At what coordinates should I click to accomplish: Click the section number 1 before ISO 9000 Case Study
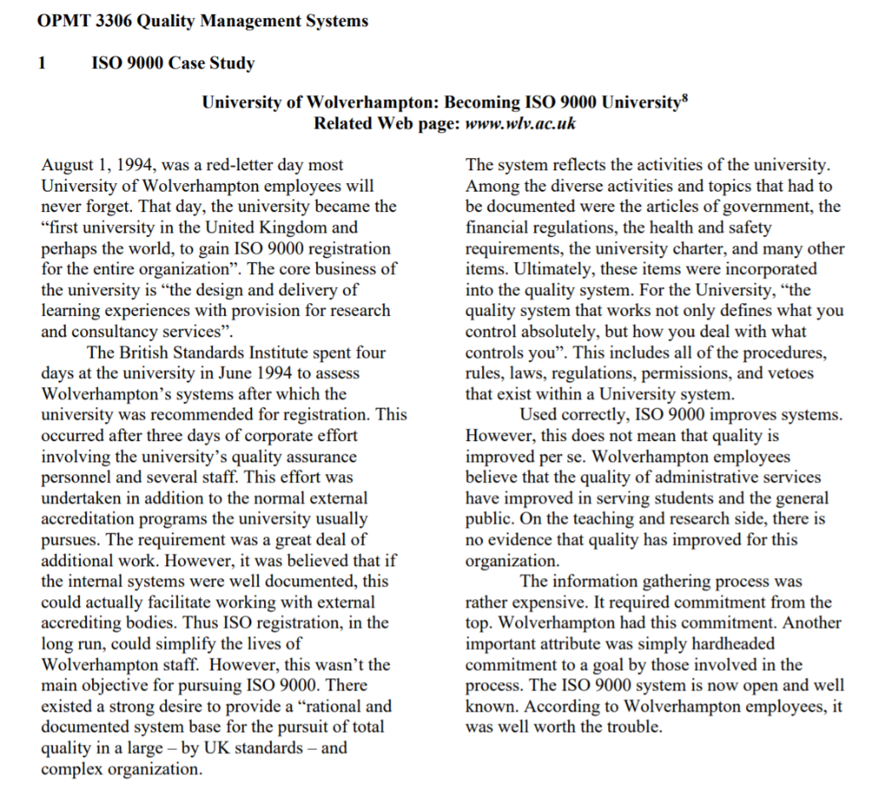click(43, 63)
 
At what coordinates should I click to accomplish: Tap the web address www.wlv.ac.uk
click(519, 123)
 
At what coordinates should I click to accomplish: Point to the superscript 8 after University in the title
click(684, 99)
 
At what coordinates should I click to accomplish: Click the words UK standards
click(258, 747)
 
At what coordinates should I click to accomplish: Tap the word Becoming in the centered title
click(479, 103)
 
